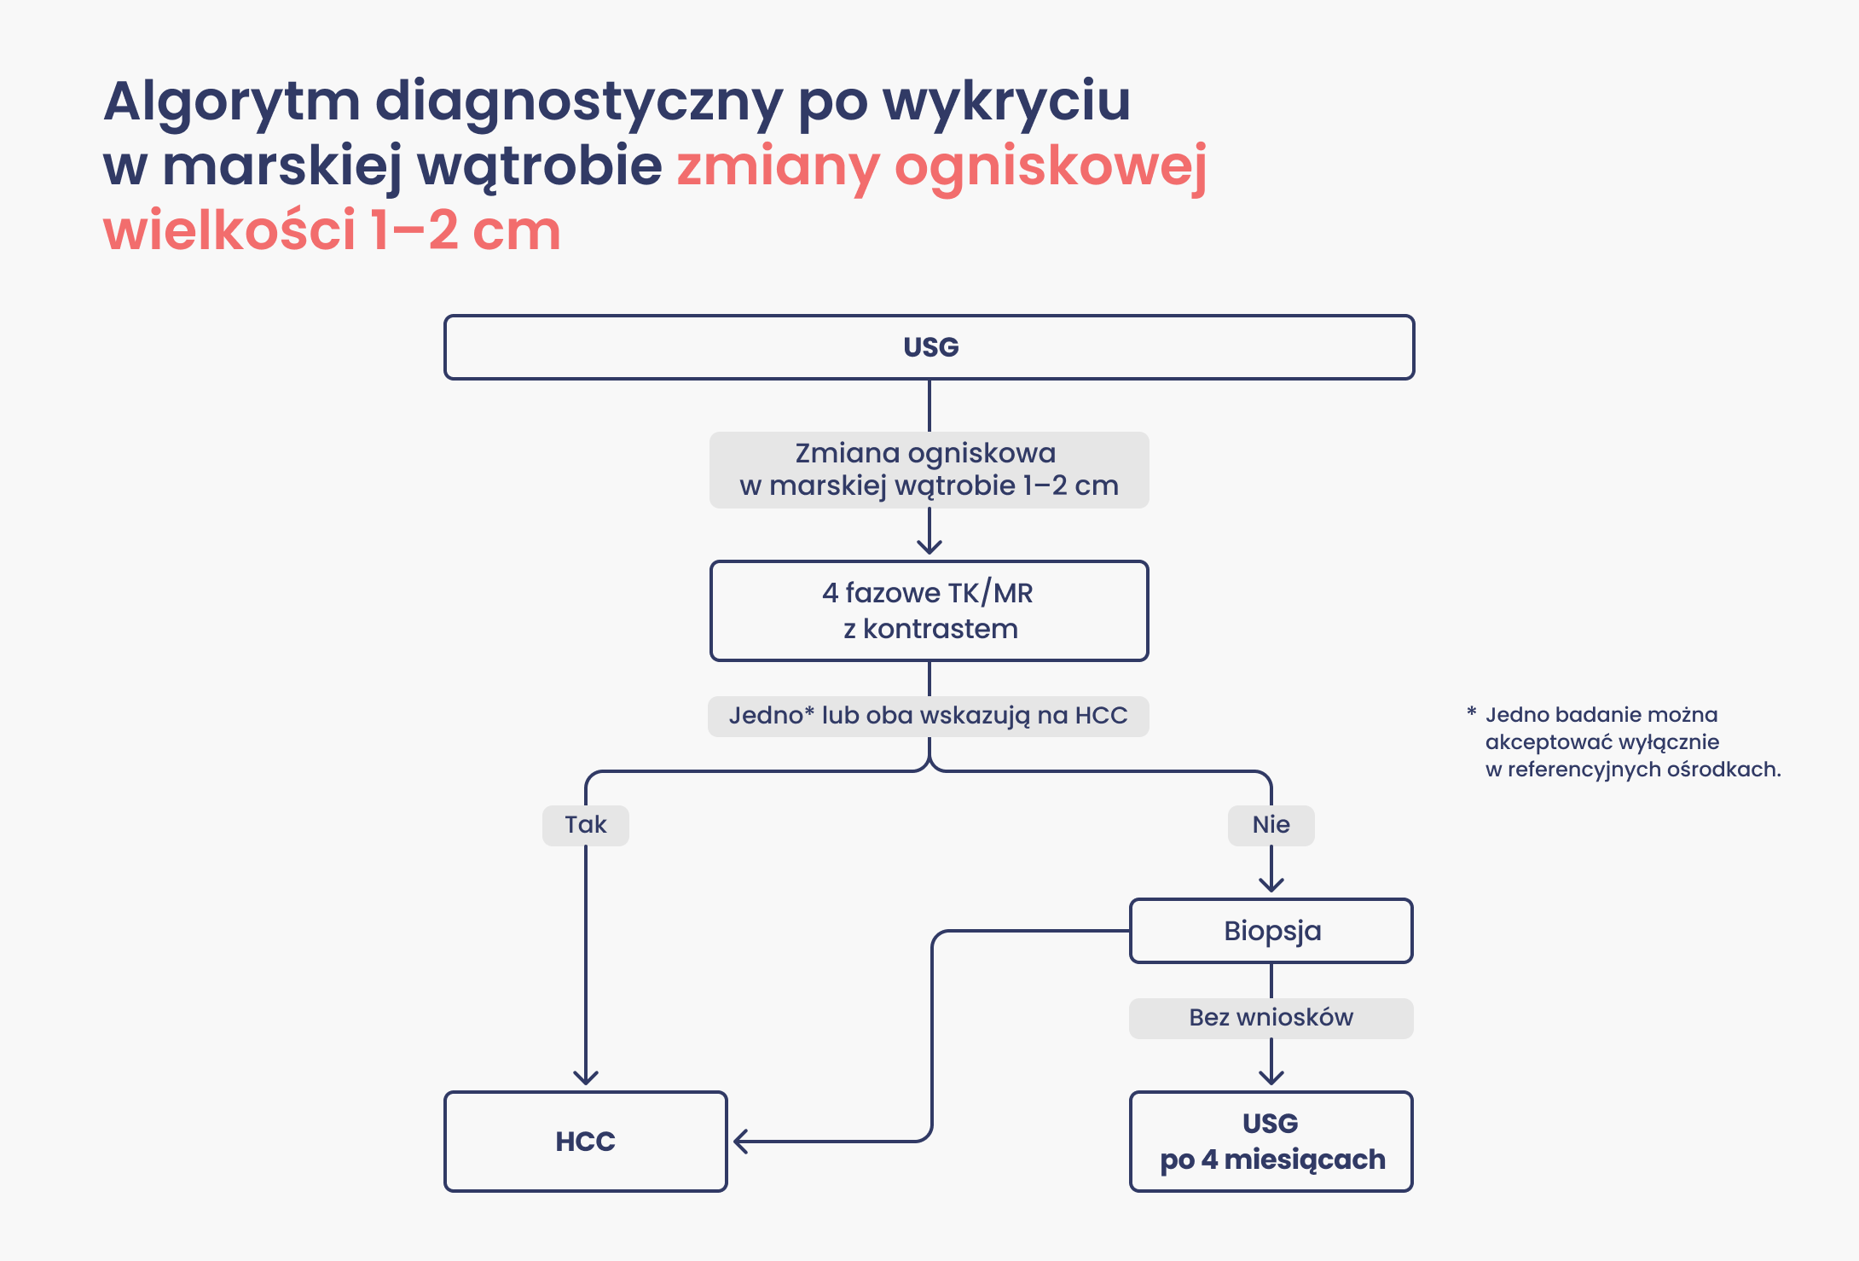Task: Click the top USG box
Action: click(929, 347)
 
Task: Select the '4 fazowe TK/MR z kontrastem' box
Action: click(929, 611)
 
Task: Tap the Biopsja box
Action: click(1271, 931)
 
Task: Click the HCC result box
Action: click(586, 1142)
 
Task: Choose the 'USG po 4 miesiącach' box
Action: click(1271, 1142)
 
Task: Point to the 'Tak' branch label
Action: click(586, 825)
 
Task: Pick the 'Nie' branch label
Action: click(1271, 825)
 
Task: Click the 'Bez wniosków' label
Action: click(1271, 1018)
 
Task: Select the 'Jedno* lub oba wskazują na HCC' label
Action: click(928, 716)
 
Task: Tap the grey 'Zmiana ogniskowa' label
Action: click(928, 469)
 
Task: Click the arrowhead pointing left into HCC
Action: click(740, 1142)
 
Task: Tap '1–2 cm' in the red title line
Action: click(465, 231)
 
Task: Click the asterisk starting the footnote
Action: click(1471, 712)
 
